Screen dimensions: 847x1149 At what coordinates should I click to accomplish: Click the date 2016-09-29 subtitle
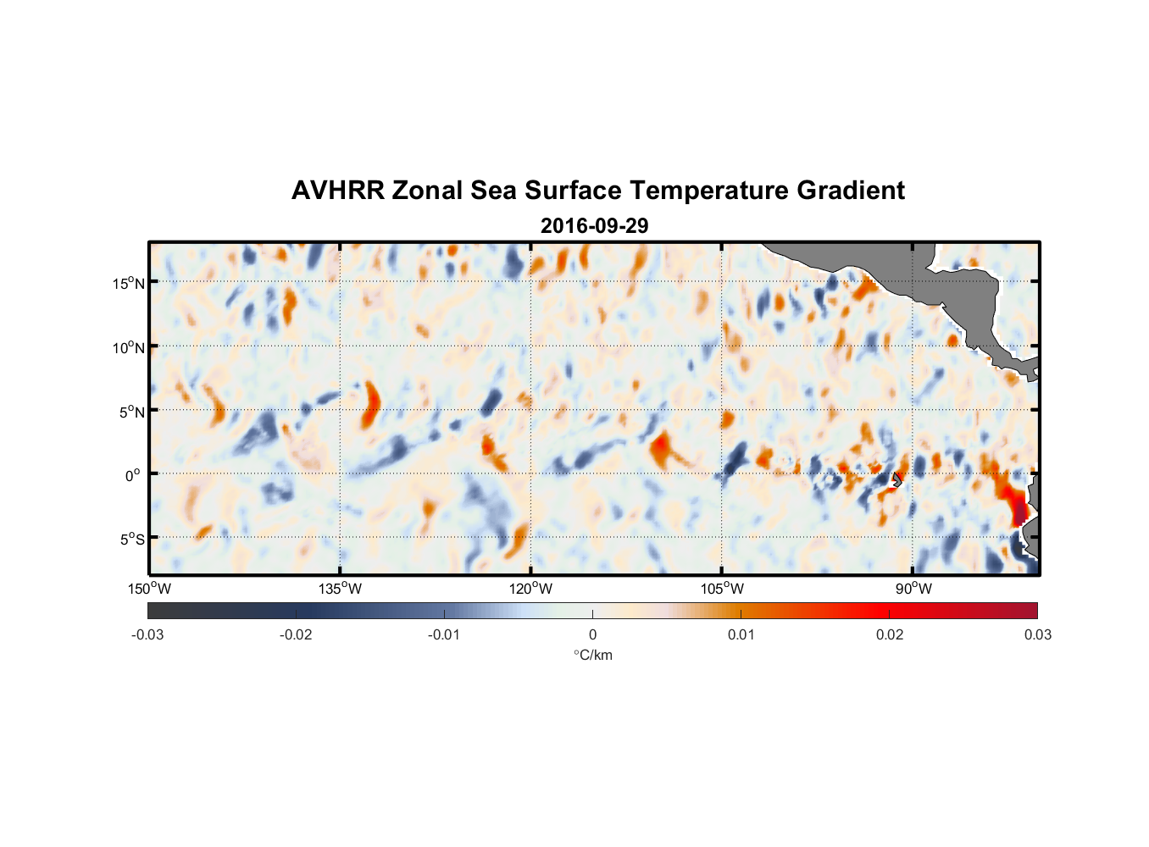[594, 226]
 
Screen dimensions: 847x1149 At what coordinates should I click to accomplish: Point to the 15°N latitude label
[129, 283]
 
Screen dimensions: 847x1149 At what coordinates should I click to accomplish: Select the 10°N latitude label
[129, 347]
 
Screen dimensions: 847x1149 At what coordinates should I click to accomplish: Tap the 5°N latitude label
[131, 412]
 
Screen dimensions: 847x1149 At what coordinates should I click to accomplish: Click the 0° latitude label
[133, 475]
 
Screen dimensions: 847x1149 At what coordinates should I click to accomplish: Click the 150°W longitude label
[149, 589]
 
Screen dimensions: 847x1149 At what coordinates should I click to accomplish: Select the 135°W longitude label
[340, 589]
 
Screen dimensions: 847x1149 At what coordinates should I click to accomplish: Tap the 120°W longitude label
[530, 589]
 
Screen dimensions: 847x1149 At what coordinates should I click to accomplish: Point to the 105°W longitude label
[722, 589]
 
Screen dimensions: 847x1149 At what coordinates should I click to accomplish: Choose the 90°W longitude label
[913, 589]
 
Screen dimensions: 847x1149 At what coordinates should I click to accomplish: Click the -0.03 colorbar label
[147, 634]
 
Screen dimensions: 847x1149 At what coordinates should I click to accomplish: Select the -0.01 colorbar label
[444, 634]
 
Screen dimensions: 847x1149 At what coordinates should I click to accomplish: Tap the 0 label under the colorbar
[592, 634]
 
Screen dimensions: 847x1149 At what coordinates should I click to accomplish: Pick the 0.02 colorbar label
[890, 634]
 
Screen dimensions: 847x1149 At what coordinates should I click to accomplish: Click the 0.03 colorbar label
[1037, 634]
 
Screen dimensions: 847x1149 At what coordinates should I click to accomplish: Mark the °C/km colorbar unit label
[592, 655]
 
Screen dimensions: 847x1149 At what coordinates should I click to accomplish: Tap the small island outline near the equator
[896, 479]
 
